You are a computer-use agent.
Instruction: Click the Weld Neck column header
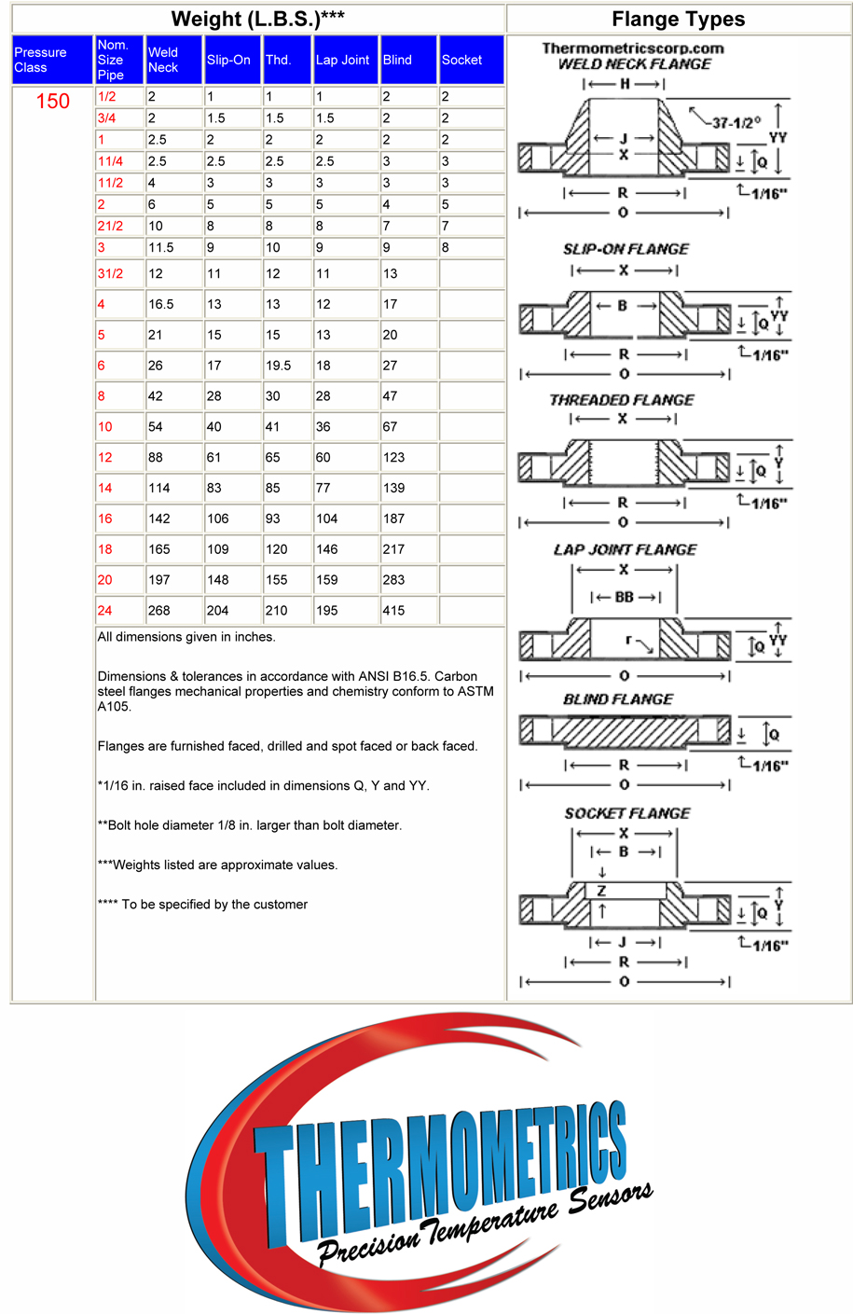click(x=163, y=60)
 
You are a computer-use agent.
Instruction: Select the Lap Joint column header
click(x=342, y=60)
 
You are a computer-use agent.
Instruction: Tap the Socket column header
click(x=461, y=60)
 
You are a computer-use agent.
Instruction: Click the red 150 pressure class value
click(x=53, y=102)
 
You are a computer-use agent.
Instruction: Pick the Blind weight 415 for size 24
click(x=393, y=611)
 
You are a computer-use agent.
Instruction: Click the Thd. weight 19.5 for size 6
click(x=278, y=366)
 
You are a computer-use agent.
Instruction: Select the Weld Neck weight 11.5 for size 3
click(x=160, y=248)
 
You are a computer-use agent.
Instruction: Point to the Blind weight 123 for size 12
click(x=393, y=458)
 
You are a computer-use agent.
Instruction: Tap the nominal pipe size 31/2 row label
click(x=110, y=274)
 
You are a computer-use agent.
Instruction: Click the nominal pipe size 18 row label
click(x=105, y=549)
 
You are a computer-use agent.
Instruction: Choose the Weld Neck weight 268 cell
click(x=159, y=611)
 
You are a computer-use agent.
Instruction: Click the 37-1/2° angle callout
click(x=736, y=122)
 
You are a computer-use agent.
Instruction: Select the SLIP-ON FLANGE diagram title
click(x=626, y=249)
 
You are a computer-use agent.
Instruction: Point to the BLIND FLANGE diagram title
click(x=618, y=699)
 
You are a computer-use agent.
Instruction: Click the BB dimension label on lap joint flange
click(x=624, y=597)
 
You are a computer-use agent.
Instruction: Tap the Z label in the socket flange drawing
click(x=601, y=892)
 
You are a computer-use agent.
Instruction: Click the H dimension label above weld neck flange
click(x=625, y=84)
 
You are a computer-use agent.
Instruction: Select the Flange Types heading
click(x=678, y=20)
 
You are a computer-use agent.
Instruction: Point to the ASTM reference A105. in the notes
click(x=115, y=707)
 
